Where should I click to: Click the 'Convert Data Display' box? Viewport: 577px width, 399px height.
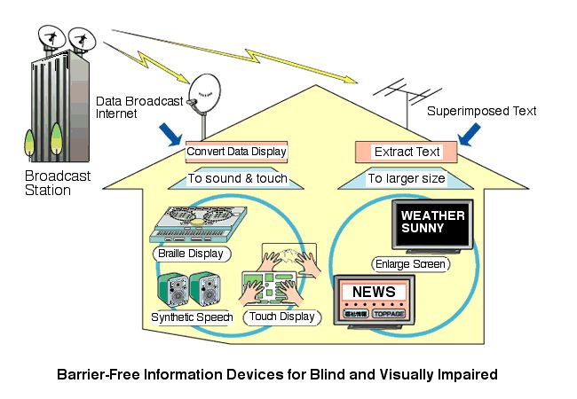click(236, 151)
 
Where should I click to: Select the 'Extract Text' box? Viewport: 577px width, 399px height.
click(405, 152)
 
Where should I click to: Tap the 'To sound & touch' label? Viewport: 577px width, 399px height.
click(236, 178)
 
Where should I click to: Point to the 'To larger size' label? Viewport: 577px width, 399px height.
click(405, 178)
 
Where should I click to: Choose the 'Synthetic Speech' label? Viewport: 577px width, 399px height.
click(191, 317)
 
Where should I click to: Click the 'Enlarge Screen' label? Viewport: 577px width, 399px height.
click(409, 263)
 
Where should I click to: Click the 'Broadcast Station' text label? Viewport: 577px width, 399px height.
click(59, 183)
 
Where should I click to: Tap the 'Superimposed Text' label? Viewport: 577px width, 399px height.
click(481, 112)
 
